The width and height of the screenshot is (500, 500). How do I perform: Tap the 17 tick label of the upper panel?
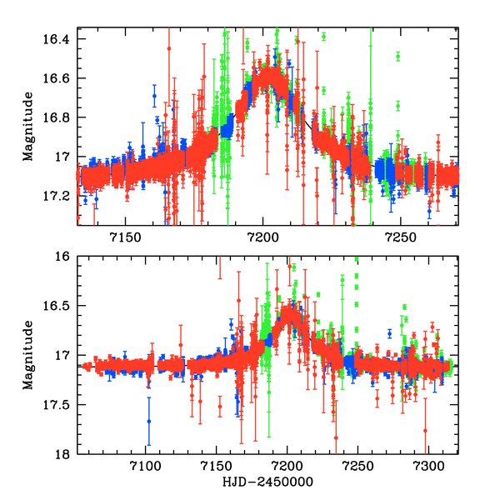click(x=64, y=157)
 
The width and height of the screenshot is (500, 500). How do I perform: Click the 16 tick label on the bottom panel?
click(x=65, y=257)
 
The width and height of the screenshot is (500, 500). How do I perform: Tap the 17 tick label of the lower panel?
click(x=65, y=356)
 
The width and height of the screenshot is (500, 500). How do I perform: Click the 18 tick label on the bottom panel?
click(x=65, y=454)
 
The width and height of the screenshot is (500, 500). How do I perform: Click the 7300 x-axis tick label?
click(x=428, y=469)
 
